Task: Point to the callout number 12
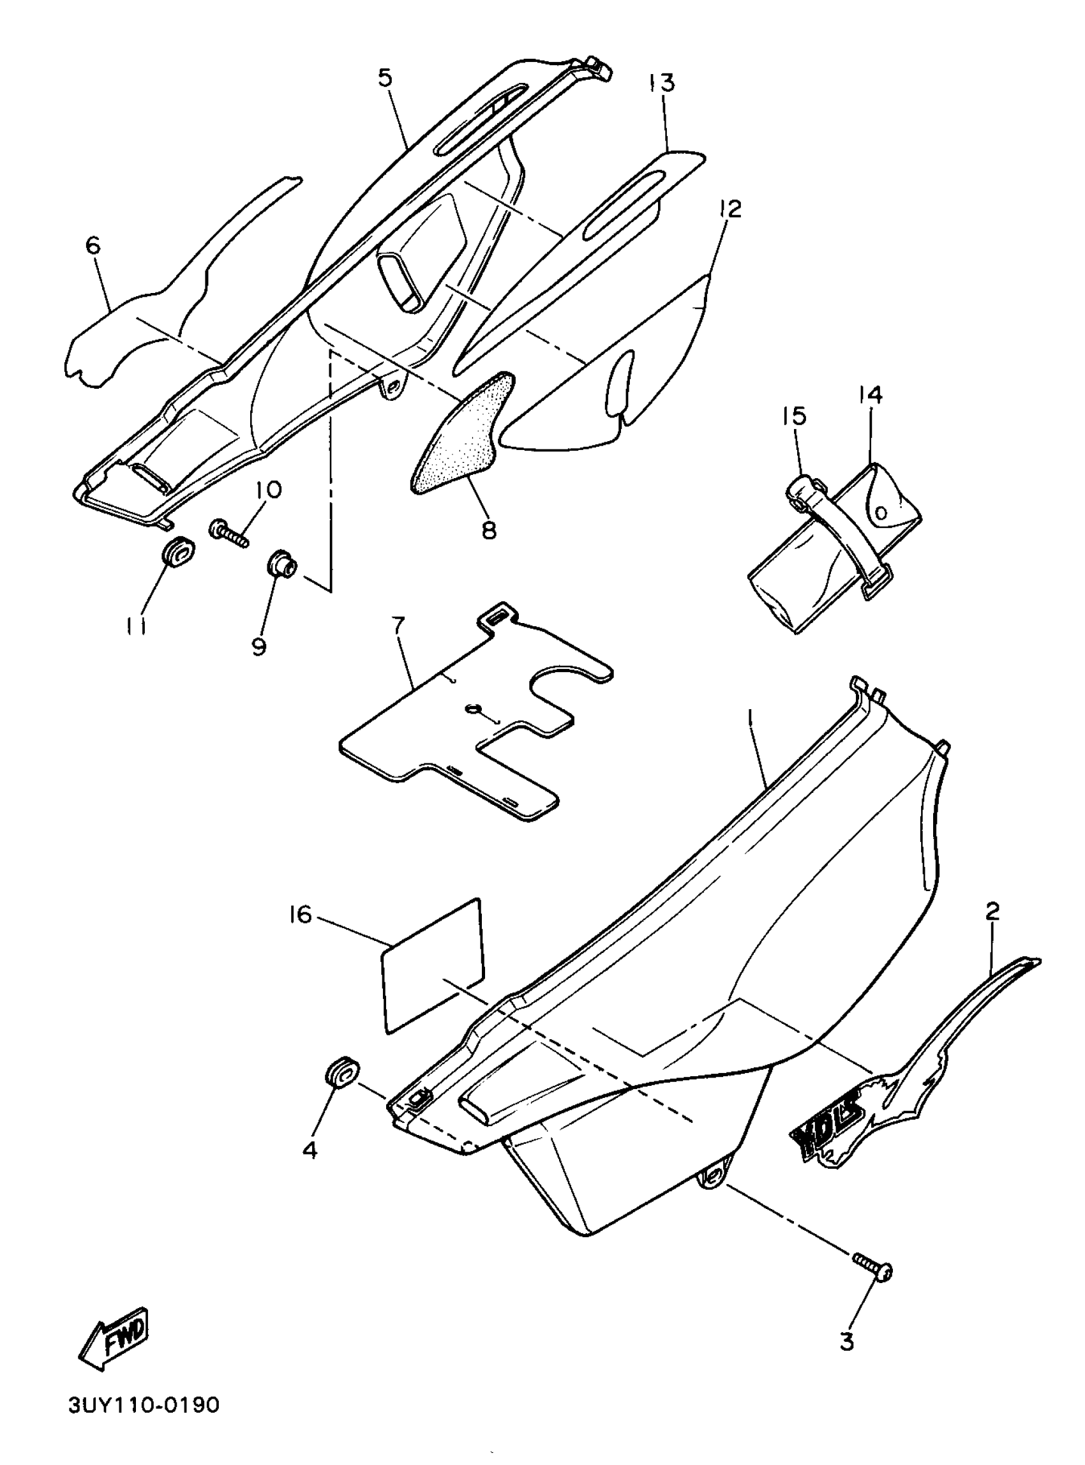pyautogui.click(x=730, y=209)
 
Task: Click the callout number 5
pyautogui.click(x=385, y=77)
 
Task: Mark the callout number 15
pyautogui.click(x=795, y=416)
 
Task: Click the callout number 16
pyautogui.click(x=301, y=915)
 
